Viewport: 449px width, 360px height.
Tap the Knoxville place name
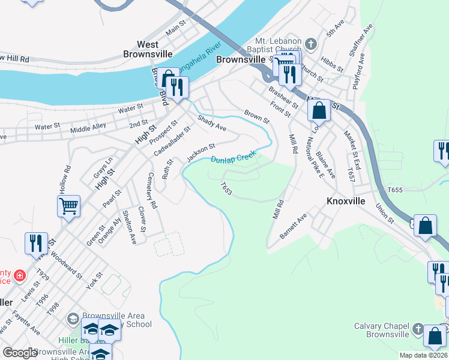click(345, 201)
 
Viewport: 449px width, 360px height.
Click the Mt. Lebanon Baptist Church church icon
click(310, 43)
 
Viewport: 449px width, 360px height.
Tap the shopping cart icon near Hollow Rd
click(68, 207)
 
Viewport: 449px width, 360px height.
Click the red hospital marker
click(20, 275)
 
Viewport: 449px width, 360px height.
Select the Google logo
click(19, 353)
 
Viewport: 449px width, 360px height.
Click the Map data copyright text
click(423, 355)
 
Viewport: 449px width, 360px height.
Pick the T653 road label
click(226, 188)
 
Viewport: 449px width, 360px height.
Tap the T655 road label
click(395, 190)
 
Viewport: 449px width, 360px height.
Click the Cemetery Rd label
click(151, 191)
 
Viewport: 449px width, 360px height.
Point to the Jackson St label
click(200, 152)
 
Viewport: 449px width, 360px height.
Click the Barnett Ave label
click(294, 226)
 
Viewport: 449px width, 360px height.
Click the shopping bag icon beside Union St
click(425, 226)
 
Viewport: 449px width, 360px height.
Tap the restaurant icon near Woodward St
click(35, 243)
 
